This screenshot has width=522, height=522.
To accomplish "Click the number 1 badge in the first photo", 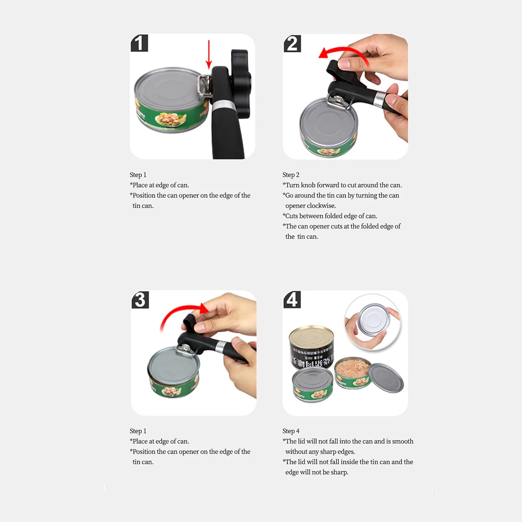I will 139,43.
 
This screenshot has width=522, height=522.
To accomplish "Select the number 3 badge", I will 140,300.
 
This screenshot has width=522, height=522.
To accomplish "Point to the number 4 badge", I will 292,300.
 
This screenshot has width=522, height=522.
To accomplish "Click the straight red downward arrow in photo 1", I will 209,54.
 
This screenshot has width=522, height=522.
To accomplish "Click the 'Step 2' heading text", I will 291,175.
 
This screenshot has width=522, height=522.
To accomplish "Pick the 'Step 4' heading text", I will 291,431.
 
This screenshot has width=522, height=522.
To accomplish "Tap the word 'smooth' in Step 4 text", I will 402,442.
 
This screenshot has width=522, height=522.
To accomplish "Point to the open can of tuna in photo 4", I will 352,373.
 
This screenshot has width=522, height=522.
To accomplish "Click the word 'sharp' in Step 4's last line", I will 339,472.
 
